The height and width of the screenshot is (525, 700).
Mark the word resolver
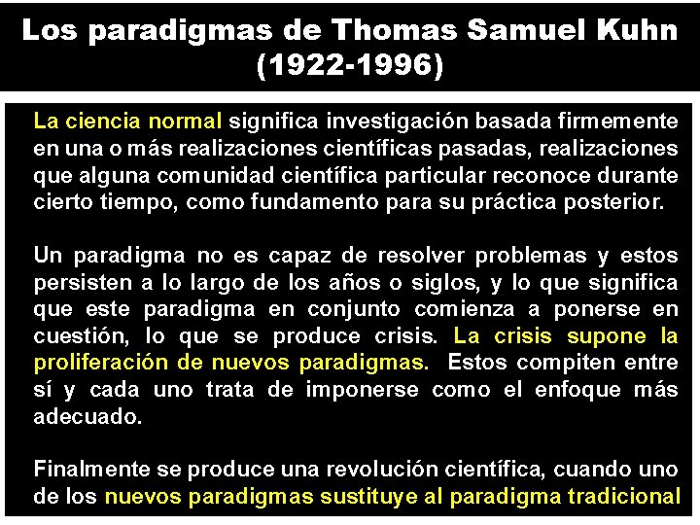[x=422, y=256]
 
